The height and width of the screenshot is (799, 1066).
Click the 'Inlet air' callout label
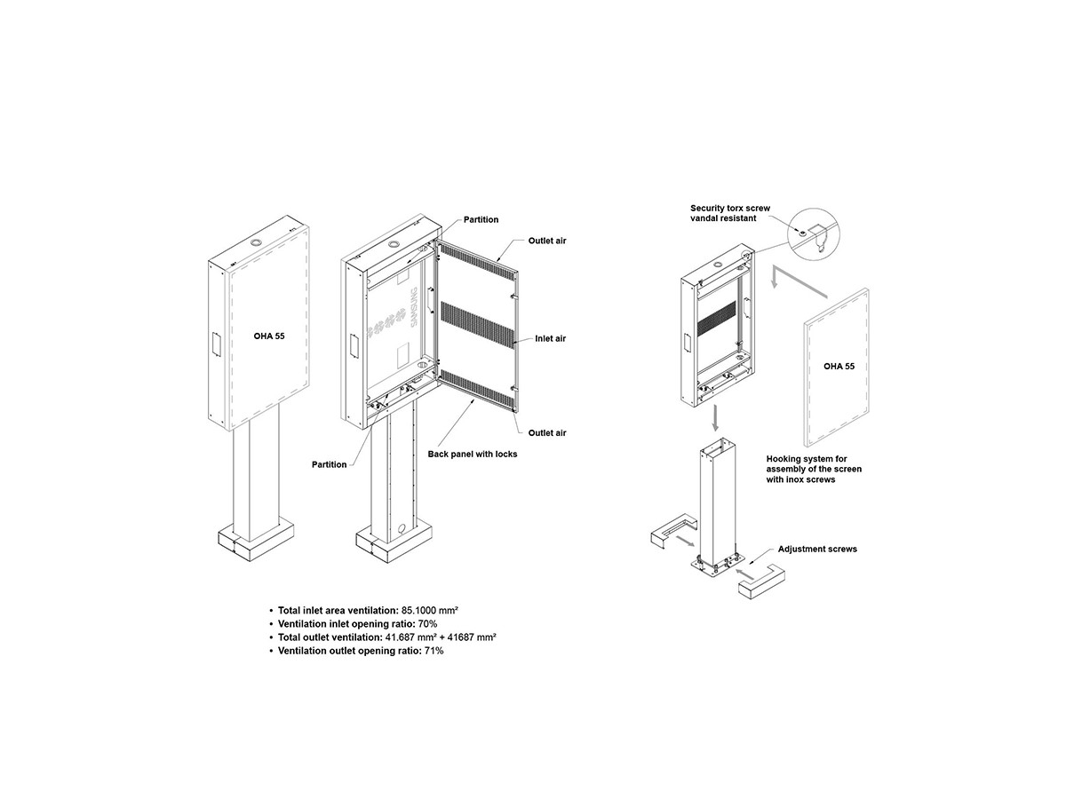click(550, 338)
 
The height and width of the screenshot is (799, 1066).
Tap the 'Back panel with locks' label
click(472, 454)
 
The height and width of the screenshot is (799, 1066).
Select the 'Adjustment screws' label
click(817, 550)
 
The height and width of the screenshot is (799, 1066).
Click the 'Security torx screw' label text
click(730, 208)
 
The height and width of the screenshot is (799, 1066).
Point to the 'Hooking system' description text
click(814, 469)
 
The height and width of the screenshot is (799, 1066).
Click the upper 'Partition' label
click(481, 220)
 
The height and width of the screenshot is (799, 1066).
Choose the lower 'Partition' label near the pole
click(329, 464)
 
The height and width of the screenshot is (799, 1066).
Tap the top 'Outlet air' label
click(547, 241)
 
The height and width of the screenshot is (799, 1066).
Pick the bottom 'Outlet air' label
click(547, 432)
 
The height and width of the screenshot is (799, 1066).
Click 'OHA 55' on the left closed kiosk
click(269, 336)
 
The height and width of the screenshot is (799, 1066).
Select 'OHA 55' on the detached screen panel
click(839, 367)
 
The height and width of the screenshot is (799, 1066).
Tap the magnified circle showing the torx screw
click(815, 234)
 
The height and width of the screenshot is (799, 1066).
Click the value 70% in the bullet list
click(427, 624)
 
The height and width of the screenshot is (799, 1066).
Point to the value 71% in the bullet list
click(434, 651)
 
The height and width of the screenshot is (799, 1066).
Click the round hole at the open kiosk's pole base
click(402, 528)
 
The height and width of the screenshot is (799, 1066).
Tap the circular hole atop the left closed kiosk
click(256, 241)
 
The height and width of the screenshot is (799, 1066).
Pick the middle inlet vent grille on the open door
click(477, 322)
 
